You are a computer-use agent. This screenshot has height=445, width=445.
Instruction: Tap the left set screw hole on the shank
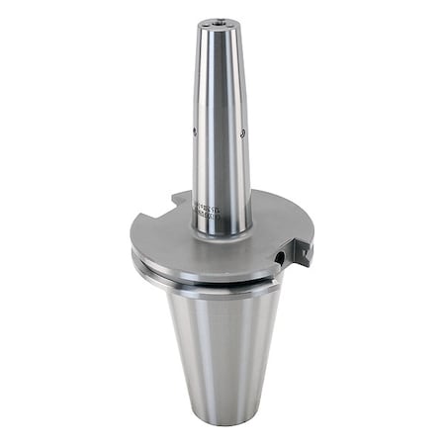pos(194,131)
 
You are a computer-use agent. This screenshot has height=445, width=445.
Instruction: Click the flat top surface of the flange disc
pos(168,232)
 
